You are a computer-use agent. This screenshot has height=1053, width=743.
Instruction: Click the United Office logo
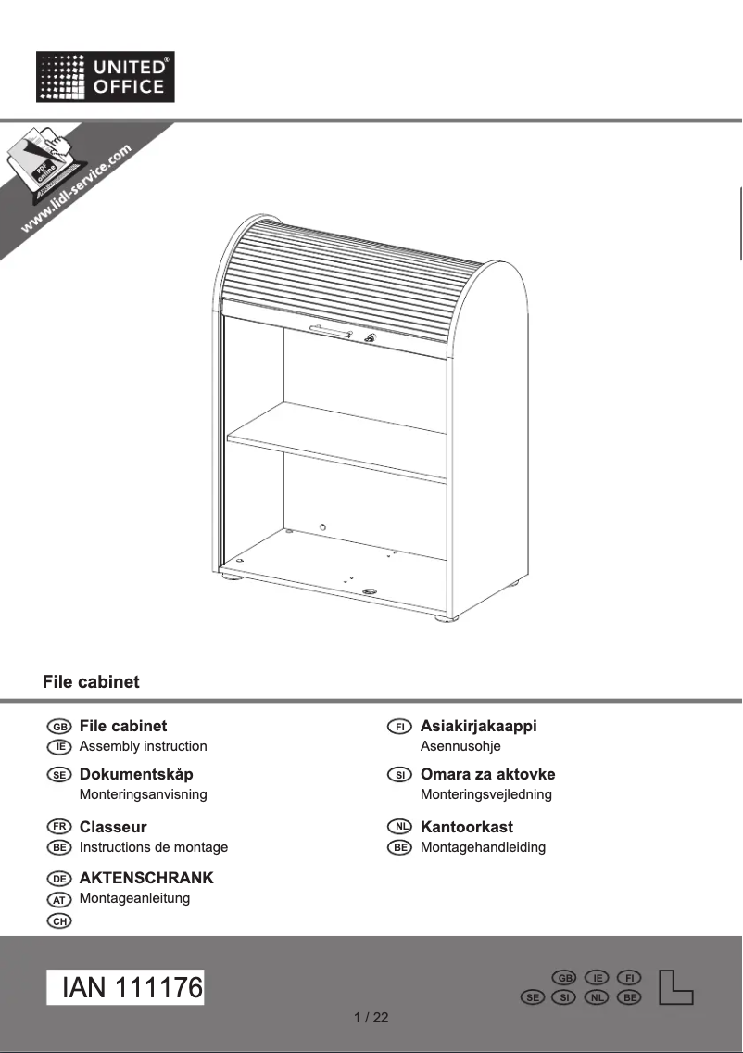point(106,77)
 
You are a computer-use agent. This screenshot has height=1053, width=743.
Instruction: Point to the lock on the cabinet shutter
point(371,338)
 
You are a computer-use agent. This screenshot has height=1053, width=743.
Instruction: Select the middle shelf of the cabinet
point(338,439)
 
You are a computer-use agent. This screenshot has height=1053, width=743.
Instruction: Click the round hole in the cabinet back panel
point(322,527)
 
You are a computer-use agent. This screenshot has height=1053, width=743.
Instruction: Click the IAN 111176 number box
point(126,988)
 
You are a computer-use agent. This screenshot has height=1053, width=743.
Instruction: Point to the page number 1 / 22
point(371,1018)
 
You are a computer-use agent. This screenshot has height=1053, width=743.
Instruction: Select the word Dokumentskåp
point(136,774)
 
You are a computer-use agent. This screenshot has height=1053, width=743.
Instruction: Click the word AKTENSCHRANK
point(146,878)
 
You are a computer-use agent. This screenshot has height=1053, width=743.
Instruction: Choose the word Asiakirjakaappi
point(478,726)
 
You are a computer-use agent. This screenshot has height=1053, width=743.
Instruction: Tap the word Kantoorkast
point(466,827)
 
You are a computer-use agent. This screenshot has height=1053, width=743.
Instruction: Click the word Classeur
point(113,827)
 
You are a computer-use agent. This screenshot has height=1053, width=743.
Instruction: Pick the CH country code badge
point(58,920)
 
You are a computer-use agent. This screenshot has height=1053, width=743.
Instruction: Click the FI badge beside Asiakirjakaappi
point(399,727)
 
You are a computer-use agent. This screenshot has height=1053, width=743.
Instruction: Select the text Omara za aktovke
point(487,774)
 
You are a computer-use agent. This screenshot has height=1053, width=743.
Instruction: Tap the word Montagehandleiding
point(483,847)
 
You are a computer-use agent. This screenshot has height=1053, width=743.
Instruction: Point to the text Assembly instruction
point(144,746)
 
